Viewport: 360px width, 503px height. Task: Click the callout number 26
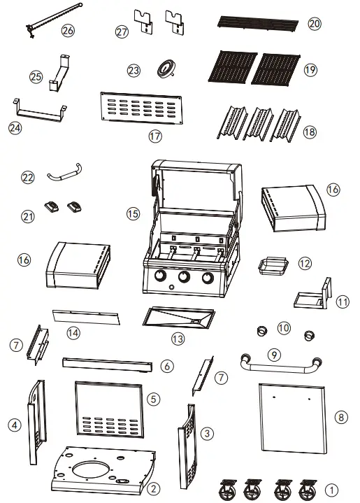(x=67, y=30)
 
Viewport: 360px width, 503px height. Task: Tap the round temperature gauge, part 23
(x=166, y=69)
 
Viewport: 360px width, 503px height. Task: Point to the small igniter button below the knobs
(x=171, y=289)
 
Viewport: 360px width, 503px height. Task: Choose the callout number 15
(x=133, y=214)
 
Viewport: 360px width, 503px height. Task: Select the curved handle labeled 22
(x=64, y=169)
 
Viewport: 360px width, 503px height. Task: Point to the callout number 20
(x=315, y=24)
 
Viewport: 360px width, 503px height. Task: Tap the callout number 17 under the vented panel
(x=154, y=136)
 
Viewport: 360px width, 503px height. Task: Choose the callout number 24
(x=14, y=127)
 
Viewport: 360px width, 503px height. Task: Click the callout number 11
(x=343, y=302)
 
